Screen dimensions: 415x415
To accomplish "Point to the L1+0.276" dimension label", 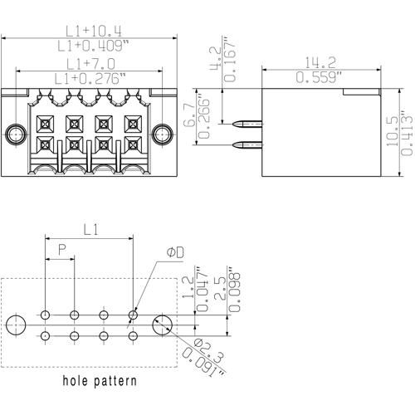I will pyautogui.click(x=86, y=79).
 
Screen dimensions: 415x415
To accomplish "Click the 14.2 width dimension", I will pyautogui.click(x=320, y=61).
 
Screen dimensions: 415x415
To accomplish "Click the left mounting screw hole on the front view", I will pyautogui.click(x=14, y=134).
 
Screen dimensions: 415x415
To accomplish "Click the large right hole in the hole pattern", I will pyautogui.click(x=163, y=325).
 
